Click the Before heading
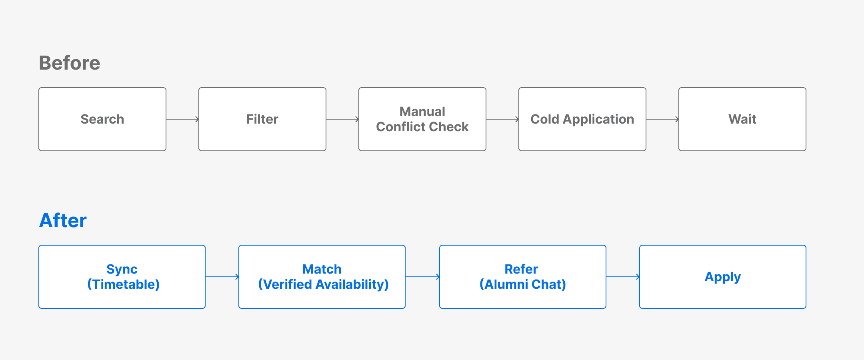point(70,63)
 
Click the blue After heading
point(63,220)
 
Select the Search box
point(102,119)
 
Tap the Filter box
point(262,119)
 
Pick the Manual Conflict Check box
point(422,119)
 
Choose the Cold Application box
point(582,119)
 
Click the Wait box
point(742,119)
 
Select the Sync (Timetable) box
point(122,277)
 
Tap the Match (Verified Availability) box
point(322,277)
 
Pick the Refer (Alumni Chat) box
point(523,277)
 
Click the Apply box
point(723,277)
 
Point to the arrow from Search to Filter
point(182,119)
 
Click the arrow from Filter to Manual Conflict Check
point(342,119)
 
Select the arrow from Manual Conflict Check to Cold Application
point(502,119)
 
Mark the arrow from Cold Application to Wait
point(662,119)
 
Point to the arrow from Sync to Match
point(222,277)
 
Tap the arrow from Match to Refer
point(422,277)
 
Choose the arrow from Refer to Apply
point(623,277)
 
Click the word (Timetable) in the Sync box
point(123,284)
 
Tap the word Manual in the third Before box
point(422,112)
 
